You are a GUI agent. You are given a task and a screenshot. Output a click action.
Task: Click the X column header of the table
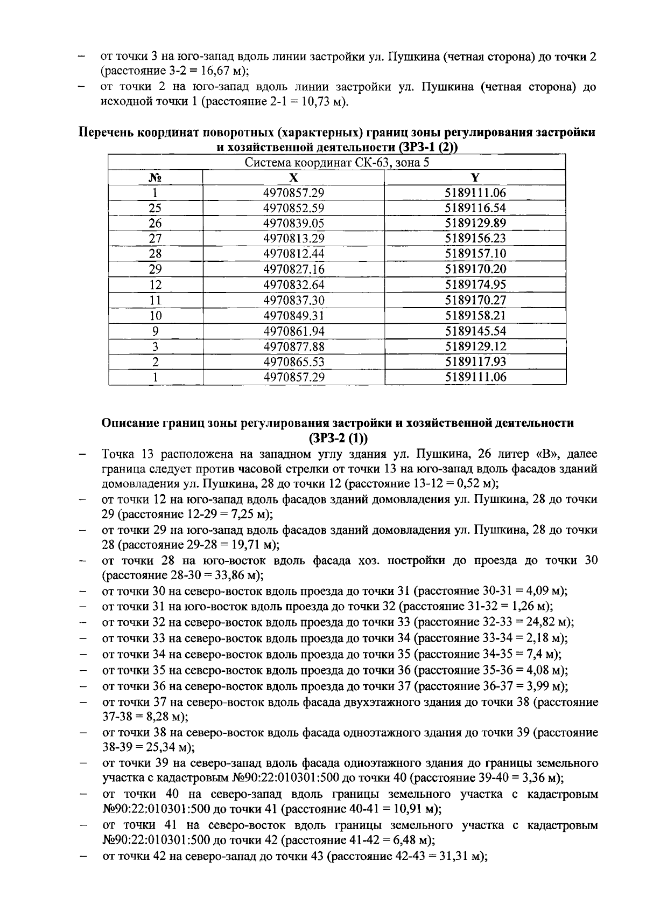(293, 178)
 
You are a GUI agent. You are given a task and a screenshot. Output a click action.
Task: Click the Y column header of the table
(475, 178)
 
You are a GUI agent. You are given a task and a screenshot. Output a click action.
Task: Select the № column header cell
(155, 178)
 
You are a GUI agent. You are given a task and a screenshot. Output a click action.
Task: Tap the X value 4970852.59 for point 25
(293, 208)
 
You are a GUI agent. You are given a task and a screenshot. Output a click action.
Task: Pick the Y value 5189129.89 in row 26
(475, 223)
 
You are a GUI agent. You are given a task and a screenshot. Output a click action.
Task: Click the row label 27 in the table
(155, 238)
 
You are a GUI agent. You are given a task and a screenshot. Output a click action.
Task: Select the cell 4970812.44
(293, 253)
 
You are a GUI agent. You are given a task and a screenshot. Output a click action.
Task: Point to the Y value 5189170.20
(475, 269)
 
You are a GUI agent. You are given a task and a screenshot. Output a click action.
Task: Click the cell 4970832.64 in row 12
(293, 284)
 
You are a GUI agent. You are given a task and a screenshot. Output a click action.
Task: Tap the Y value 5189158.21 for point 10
(475, 315)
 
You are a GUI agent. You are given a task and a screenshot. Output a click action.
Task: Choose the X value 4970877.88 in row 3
(293, 346)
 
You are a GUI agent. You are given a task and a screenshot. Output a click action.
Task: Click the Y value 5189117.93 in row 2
(475, 362)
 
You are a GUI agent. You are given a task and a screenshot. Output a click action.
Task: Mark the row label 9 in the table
(155, 331)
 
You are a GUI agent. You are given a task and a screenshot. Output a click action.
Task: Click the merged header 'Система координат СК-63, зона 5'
(337, 163)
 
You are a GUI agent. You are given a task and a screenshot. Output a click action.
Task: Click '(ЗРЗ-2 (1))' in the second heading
(338, 437)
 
